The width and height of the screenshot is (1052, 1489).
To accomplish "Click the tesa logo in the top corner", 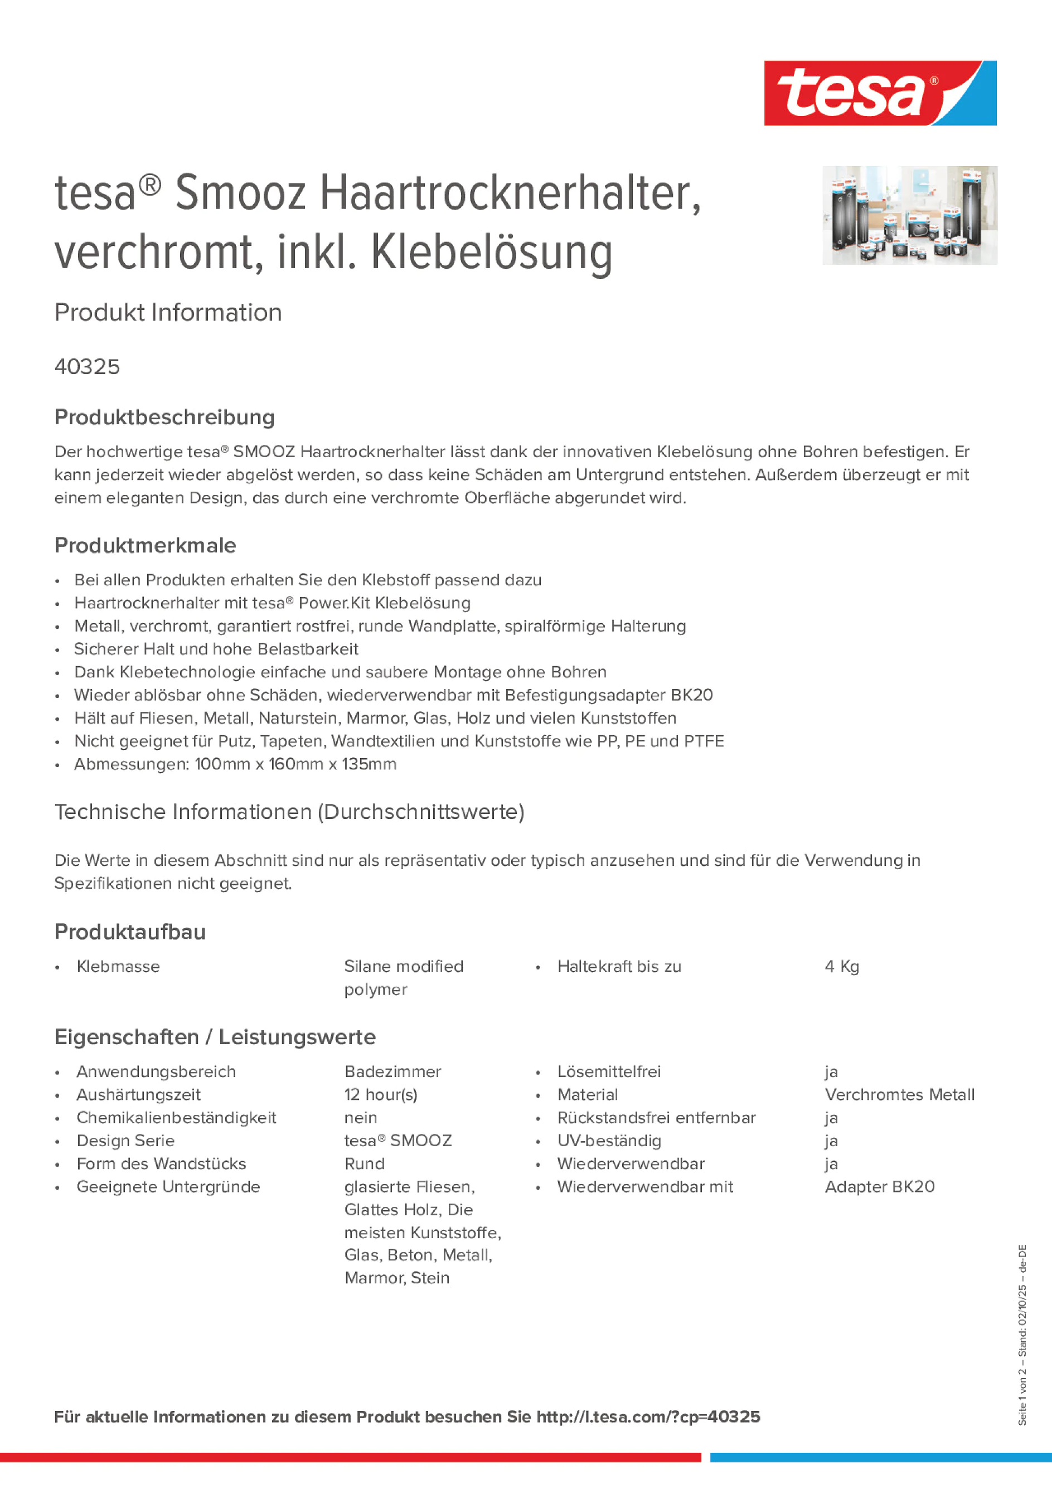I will click(880, 93).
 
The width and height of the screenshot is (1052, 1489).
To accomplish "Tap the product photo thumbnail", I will click(909, 215).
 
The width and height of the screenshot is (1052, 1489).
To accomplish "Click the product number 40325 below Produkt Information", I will click(87, 366).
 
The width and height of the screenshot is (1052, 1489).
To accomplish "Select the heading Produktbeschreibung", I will click(164, 417).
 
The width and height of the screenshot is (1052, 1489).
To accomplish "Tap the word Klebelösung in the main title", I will click(492, 253).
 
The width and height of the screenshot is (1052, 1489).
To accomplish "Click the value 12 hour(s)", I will click(381, 1094).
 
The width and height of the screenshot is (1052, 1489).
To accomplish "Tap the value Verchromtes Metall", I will click(899, 1094).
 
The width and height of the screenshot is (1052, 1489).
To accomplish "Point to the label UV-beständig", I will click(608, 1140).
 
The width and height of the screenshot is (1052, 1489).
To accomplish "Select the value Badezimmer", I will click(392, 1071).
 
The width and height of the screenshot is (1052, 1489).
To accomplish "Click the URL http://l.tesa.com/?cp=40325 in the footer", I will click(648, 1417).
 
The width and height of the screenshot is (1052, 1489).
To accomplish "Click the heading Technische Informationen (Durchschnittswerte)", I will click(289, 811).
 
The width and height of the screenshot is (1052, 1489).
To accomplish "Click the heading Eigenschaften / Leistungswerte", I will click(215, 1036).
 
